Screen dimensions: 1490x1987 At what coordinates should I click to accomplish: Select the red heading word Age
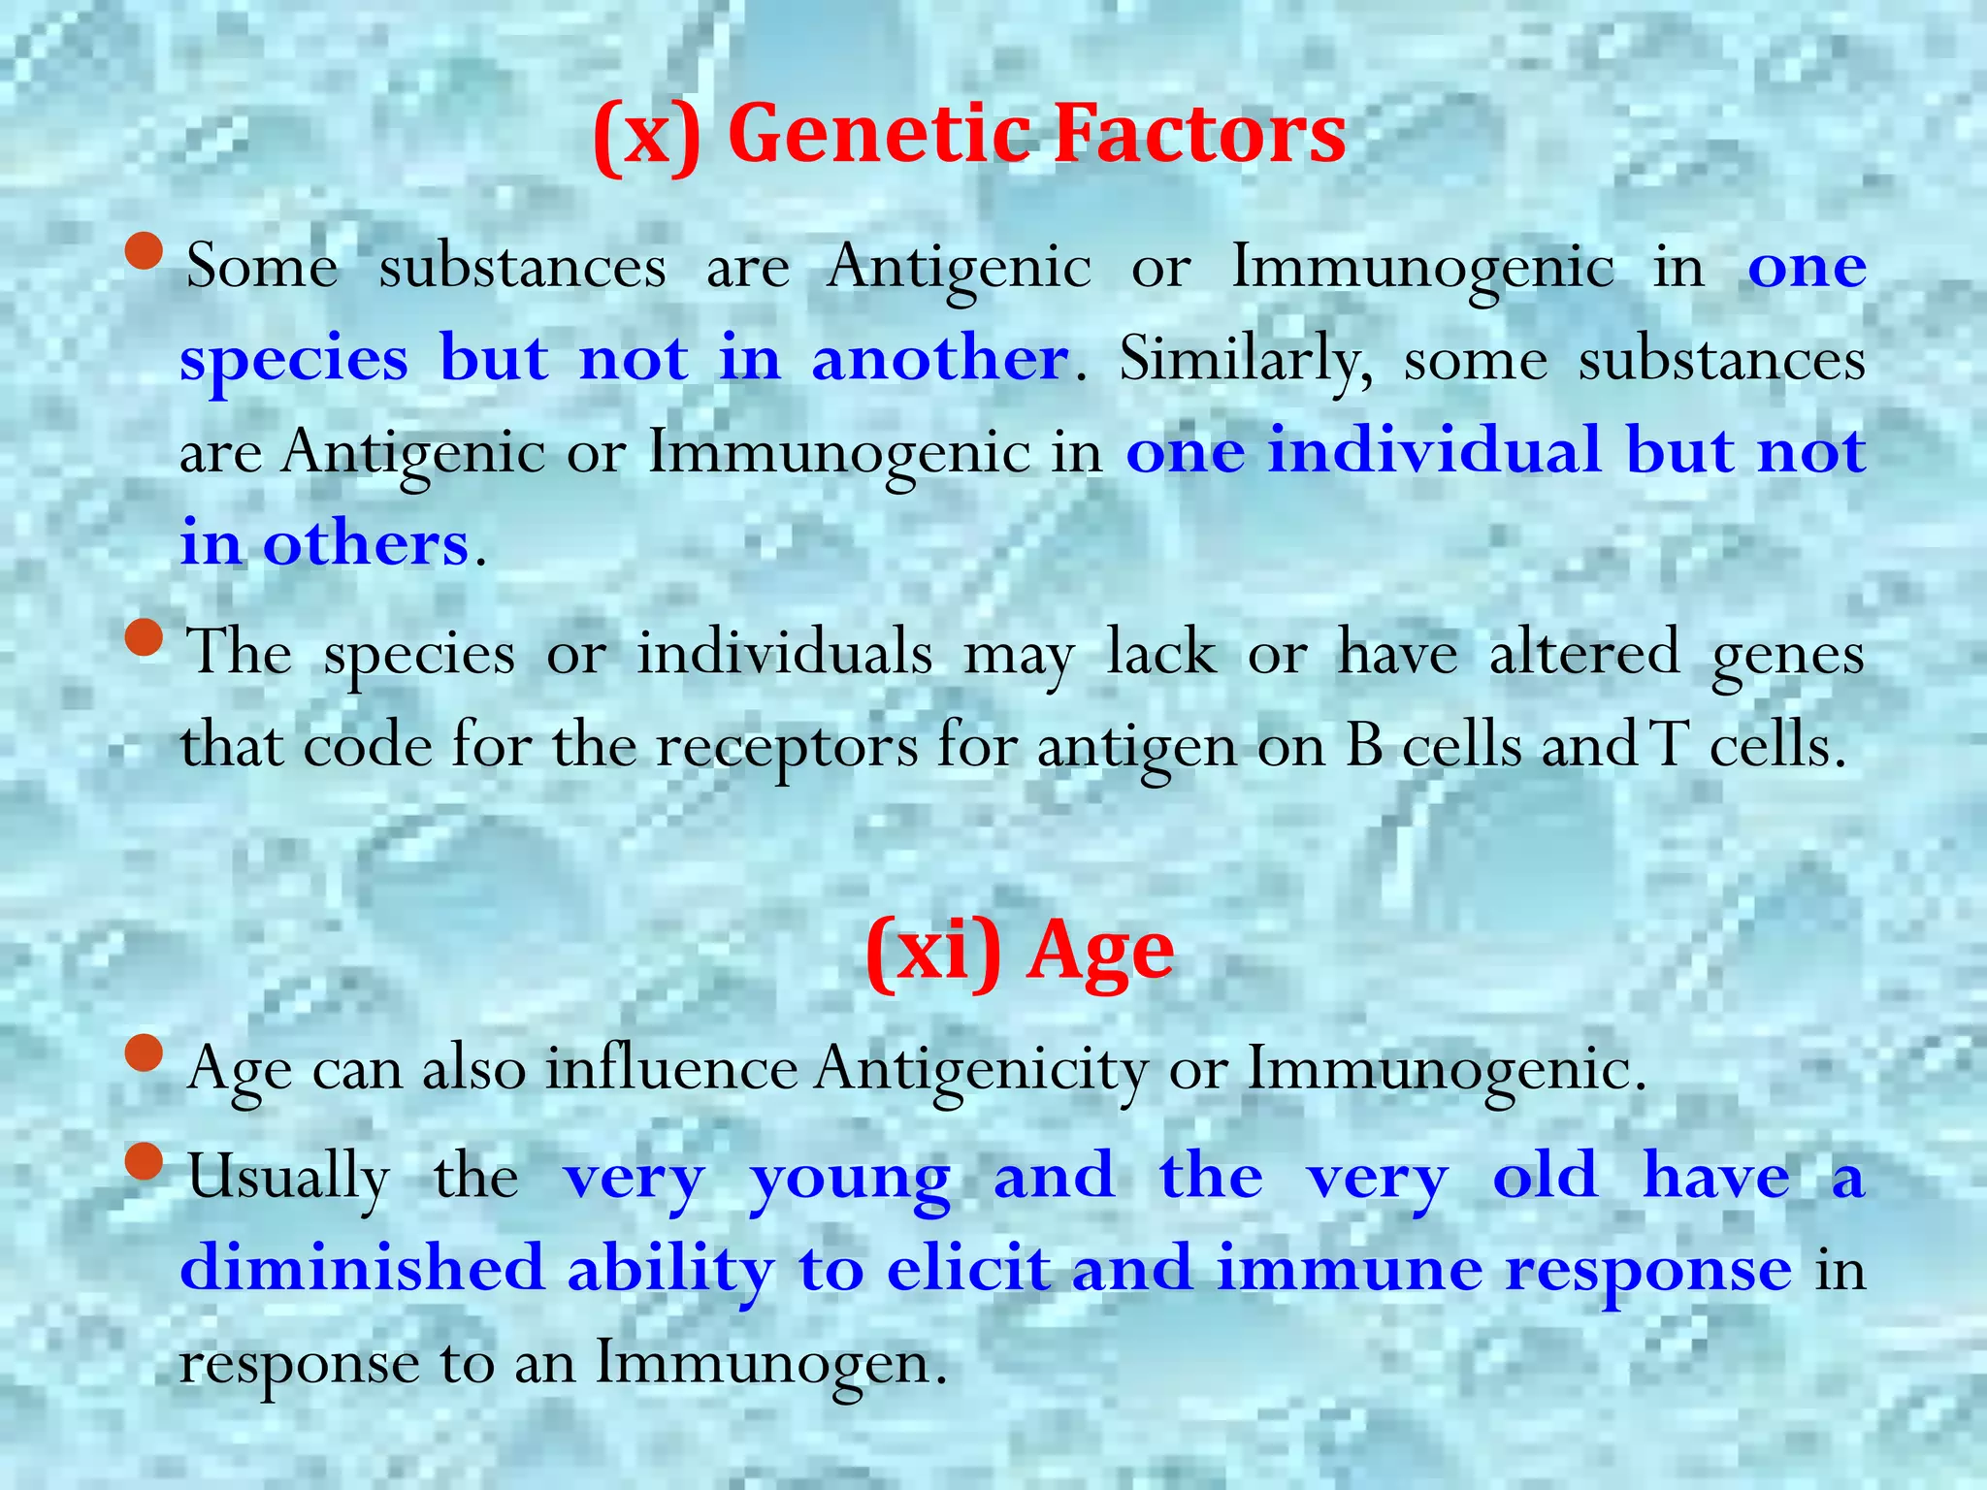point(1100,953)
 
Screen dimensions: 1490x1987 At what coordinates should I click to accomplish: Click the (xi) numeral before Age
point(931,953)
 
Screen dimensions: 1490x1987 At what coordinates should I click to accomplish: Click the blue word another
point(939,358)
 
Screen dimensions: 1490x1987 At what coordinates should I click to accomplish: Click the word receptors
point(786,747)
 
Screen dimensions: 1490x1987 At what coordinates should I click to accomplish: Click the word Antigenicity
point(980,1070)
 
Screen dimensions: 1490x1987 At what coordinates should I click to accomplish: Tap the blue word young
point(850,1178)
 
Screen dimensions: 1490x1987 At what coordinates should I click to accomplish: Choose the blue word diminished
point(362,1268)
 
